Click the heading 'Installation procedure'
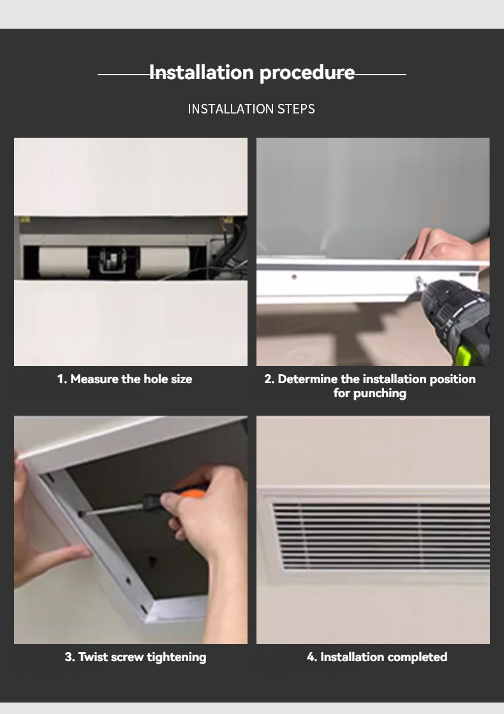coord(251,73)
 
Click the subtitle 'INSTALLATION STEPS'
coord(251,109)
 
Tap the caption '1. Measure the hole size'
coord(124,379)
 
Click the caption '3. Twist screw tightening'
coord(135,657)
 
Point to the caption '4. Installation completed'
coord(377,657)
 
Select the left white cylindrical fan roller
coord(64,261)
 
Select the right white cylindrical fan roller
coord(165,261)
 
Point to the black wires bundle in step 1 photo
coord(233,252)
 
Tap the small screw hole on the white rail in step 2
coord(293,277)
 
